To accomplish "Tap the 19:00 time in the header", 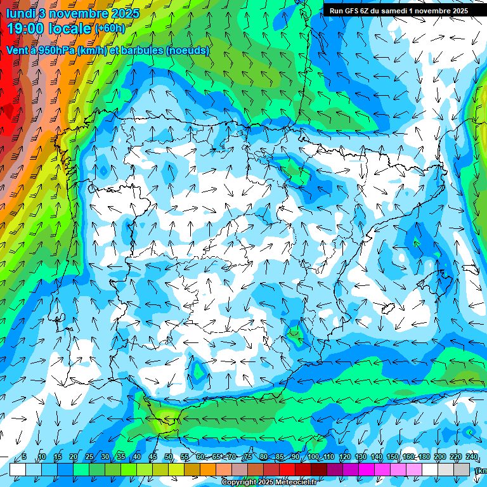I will [25, 29].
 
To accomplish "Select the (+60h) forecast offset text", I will [110, 29].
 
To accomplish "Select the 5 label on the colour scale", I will [24, 457].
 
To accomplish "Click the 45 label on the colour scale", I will [153, 457].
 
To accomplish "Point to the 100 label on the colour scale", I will [313, 457].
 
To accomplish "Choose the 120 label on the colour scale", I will [344, 457].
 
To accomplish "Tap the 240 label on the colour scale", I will [472, 457].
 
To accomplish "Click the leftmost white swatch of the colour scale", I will [18, 469].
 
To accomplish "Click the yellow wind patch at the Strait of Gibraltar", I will [167, 417].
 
